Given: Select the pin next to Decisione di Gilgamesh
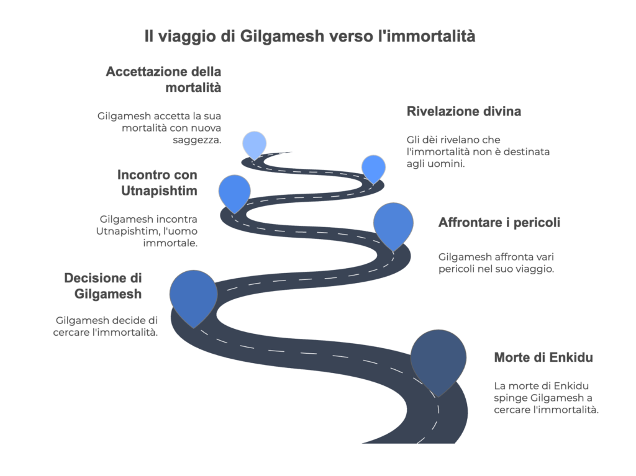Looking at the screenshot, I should [x=193, y=295].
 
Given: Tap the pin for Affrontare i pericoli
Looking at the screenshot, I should [x=393, y=223].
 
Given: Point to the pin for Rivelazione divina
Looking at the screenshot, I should [x=373, y=167].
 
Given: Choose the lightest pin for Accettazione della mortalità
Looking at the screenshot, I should [x=254, y=144].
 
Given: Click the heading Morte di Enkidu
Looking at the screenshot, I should [x=543, y=357].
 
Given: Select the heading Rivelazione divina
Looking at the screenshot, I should [x=464, y=112].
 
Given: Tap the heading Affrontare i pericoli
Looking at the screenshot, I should [x=499, y=222].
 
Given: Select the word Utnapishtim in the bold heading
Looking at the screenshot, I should [x=159, y=191].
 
